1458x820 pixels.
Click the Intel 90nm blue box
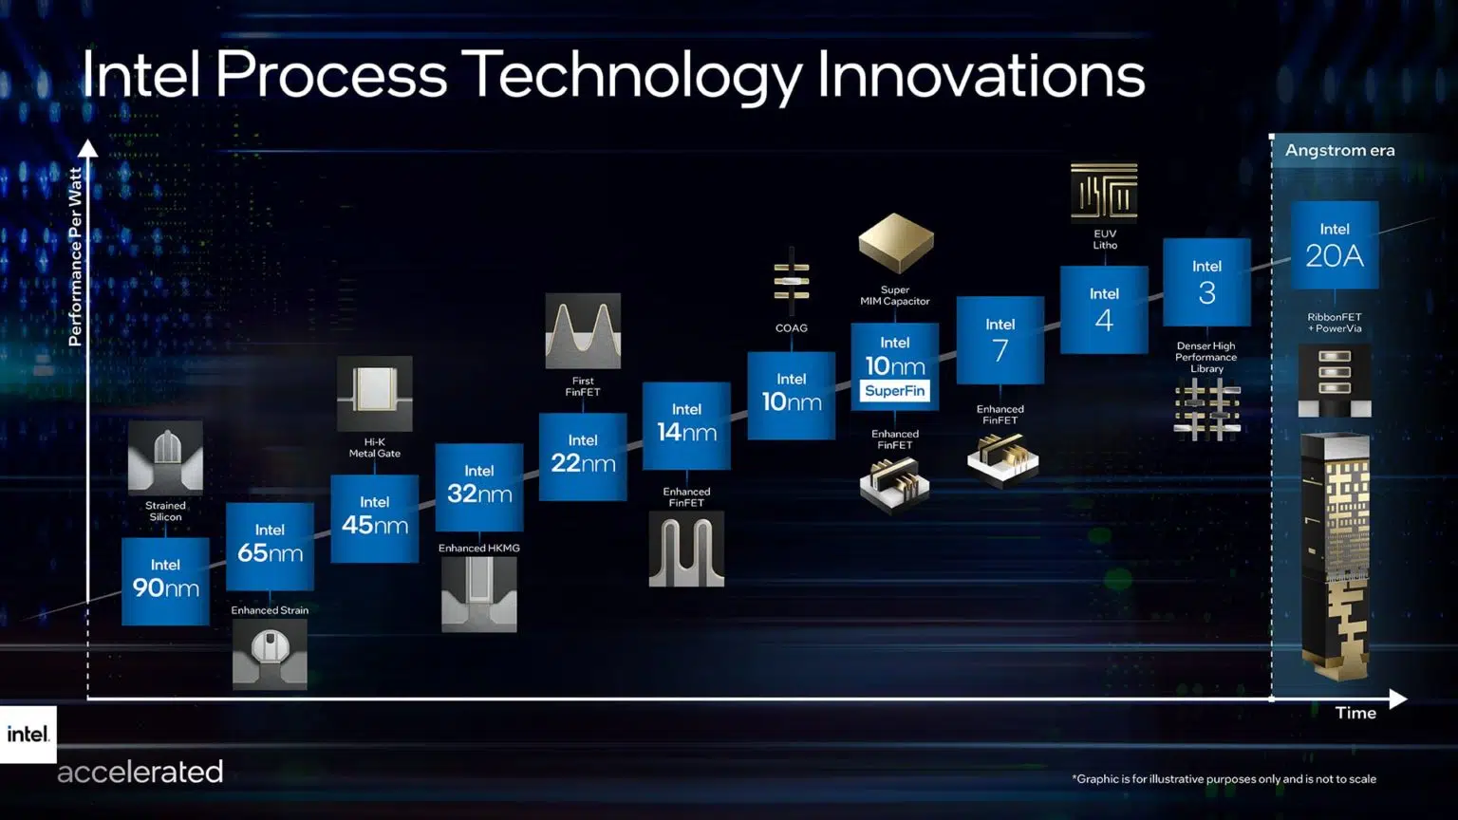pos(165,581)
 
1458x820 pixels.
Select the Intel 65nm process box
pos(270,546)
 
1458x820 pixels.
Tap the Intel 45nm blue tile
pos(374,518)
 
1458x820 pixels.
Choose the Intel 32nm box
pos(478,487)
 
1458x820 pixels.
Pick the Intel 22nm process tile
pos(583,457)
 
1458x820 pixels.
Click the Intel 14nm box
pos(686,425)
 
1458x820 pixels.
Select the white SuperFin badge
pos(894,391)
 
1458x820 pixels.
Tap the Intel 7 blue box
pos(1000,340)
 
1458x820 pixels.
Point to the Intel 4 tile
pos(1104,309)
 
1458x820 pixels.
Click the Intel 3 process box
pos(1206,282)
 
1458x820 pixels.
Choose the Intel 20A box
pos(1334,245)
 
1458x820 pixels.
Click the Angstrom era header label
pos(1339,150)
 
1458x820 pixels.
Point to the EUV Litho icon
pos(1104,191)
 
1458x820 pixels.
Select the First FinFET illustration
pos(583,330)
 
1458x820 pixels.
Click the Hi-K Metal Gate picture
pos(375,393)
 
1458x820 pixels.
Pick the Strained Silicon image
pos(165,457)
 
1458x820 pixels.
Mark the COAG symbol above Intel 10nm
pos(791,282)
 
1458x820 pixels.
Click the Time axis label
pos(1355,713)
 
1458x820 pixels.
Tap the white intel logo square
pos(28,734)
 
